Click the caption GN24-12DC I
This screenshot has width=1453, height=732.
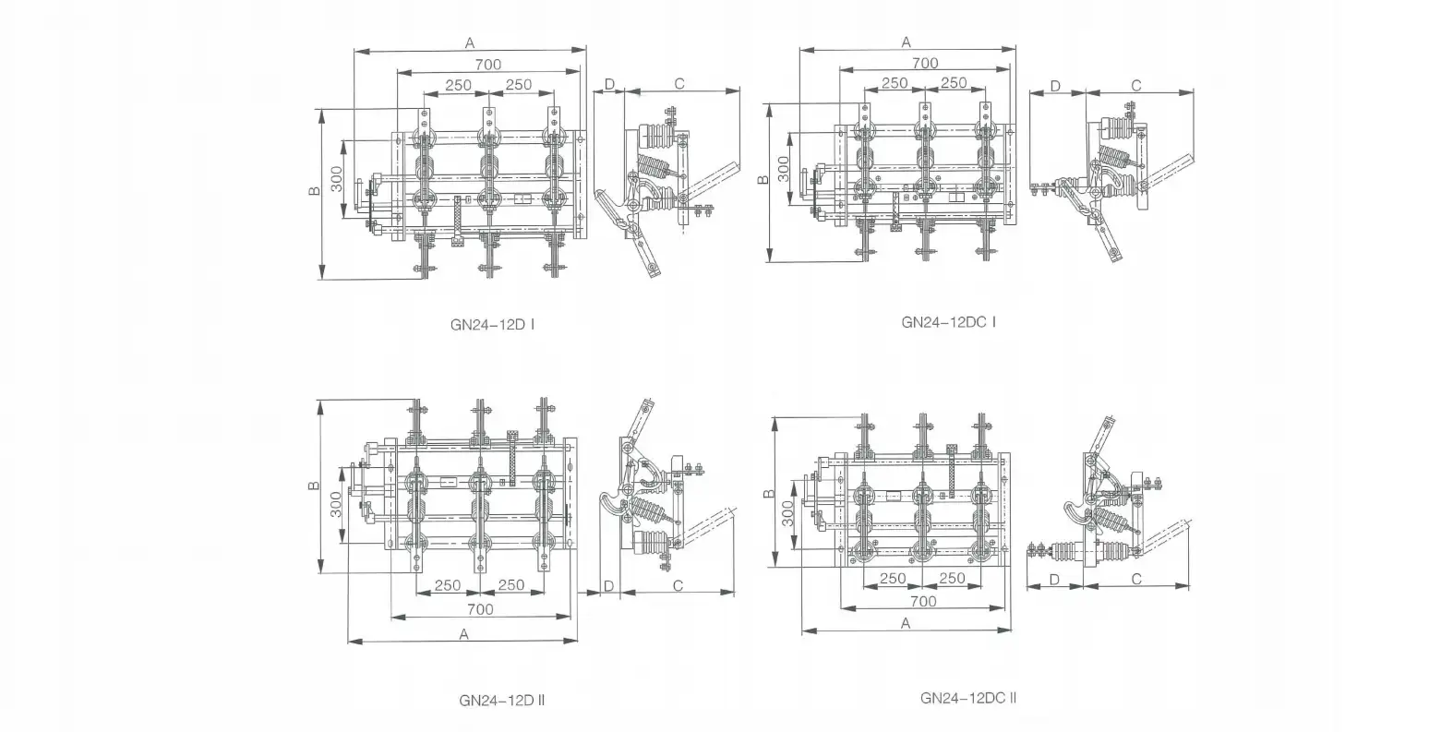[948, 322]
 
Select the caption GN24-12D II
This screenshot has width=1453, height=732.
[502, 700]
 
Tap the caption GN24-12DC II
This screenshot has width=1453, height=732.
[968, 698]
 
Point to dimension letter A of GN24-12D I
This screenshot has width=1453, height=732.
[470, 42]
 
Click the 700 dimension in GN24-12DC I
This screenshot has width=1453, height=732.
[924, 64]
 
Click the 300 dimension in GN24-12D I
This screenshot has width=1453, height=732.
[337, 177]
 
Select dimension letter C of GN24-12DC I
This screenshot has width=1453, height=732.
[1135, 86]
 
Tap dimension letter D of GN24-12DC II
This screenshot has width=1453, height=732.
[1056, 580]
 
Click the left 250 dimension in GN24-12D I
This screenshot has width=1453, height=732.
[458, 85]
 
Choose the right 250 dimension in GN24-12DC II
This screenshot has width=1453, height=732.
[951, 579]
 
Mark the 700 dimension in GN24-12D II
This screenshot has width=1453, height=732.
[480, 609]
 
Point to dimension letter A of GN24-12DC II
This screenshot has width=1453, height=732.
[906, 623]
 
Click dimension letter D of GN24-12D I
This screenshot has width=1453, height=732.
[609, 84]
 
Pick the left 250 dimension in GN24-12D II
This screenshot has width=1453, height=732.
[448, 585]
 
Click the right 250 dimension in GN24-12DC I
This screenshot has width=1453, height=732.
[953, 83]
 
